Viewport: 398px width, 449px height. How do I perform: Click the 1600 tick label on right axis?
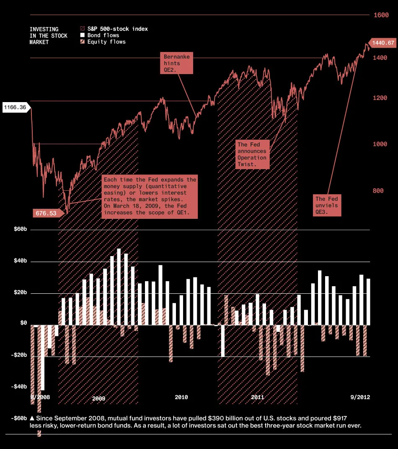(x=381, y=15)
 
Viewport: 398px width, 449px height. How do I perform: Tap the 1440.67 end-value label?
(x=382, y=43)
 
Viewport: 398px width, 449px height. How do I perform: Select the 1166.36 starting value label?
(x=15, y=108)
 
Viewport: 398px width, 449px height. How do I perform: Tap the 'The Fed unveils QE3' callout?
(x=327, y=205)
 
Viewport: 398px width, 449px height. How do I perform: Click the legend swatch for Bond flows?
(x=83, y=36)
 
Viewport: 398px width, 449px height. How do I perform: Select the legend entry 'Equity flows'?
(x=106, y=42)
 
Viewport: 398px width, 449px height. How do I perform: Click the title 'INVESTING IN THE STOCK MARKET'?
(x=49, y=36)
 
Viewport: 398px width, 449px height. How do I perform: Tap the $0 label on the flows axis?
(x=23, y=323)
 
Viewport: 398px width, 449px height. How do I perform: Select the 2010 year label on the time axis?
(x=181, y=397)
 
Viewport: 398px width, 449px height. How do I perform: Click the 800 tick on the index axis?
(x=378, y=191)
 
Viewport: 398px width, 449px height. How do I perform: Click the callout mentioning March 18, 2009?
(x=149, y=196)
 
